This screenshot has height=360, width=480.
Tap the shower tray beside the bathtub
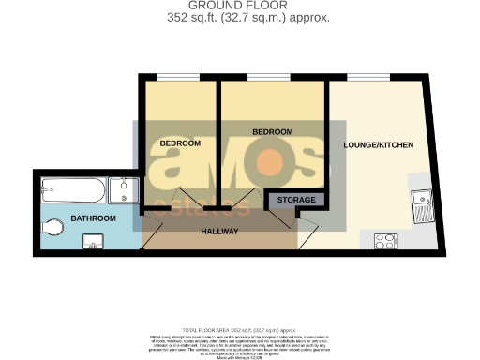click(x=122, y=191)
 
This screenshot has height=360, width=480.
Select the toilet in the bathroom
click(x=52, y=225)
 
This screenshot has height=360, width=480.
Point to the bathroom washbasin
click(x=94, y=242)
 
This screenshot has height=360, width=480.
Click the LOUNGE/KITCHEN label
click(x=378, y=144)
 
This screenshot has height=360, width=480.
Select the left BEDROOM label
click(x=179, y=143)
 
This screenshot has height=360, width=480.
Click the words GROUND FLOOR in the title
click(x=239, y=6)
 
